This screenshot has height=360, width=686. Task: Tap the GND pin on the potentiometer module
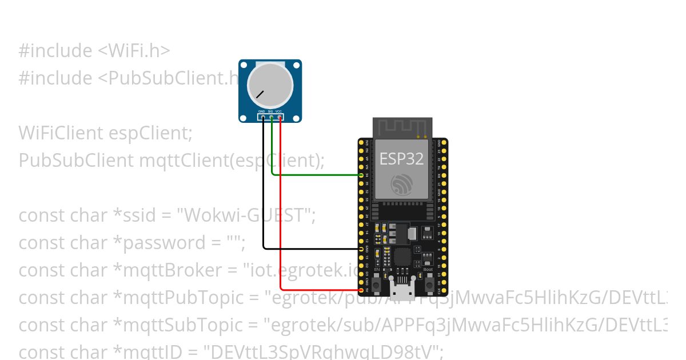(263, 117)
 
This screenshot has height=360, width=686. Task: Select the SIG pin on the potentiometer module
(272, 117)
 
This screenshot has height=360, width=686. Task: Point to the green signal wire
(314, 175)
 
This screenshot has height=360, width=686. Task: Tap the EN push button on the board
(377, 282)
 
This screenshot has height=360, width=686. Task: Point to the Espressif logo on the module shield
(402, 185)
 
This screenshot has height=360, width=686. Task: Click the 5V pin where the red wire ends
(361, 290)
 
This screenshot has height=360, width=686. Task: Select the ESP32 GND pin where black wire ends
(361, 249)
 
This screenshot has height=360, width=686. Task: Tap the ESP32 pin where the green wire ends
(361, 175)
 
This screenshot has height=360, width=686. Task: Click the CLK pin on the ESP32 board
(444, 290)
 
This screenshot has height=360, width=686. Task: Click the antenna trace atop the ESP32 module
(402, 127)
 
